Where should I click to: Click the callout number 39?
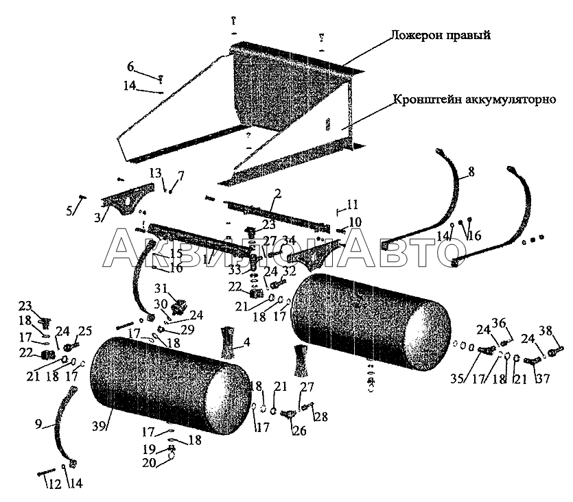pyautogui.click(x=100, y=426)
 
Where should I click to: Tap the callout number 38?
pyautogui.click(x=546, y=330)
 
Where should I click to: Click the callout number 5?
pyautogui.click(x=69, y=211)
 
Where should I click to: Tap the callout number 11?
pyautogui.click(x=353, y=204)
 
